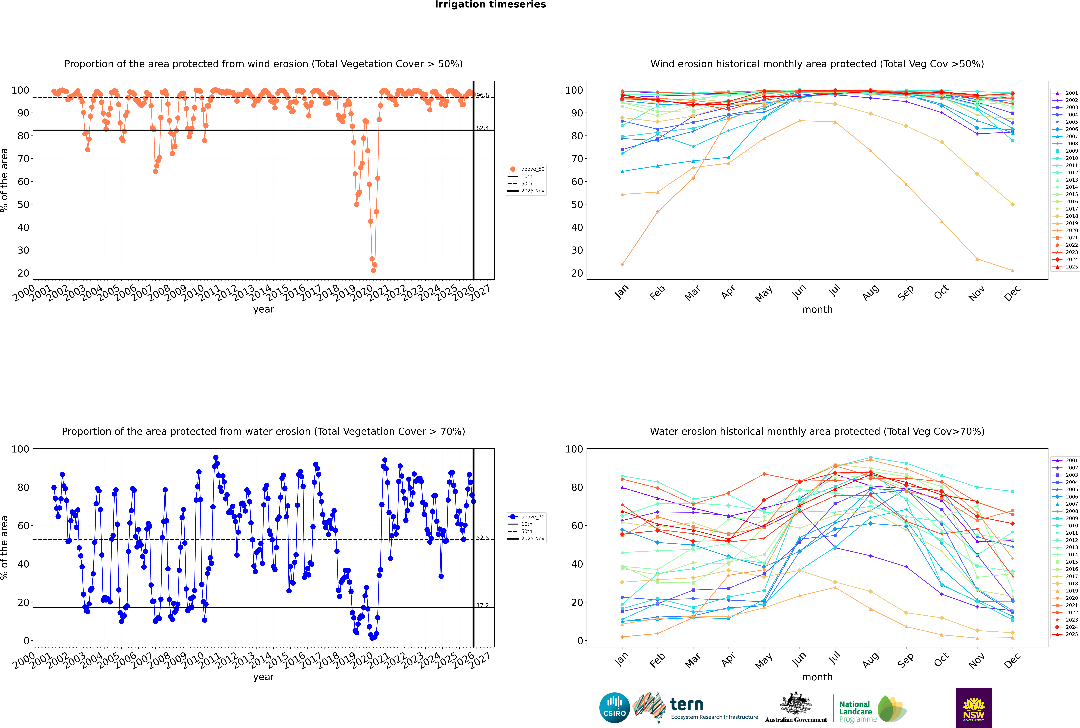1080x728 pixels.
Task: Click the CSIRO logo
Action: coord(614,708)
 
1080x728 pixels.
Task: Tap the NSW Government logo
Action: coord(974,707)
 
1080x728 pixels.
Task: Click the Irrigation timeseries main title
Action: coord(490,5)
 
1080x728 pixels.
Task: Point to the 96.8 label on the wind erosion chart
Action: coord(482,95)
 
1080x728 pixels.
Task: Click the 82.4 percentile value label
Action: coord(482,128)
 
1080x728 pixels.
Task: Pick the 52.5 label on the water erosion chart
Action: coord(482,538)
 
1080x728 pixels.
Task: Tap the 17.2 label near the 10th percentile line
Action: coord(482,605)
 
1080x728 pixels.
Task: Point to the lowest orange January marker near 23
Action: coord(622,265)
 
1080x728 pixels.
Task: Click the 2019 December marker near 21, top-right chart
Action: coord(1013,271)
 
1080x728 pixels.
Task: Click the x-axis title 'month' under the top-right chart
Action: coord(817,310)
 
